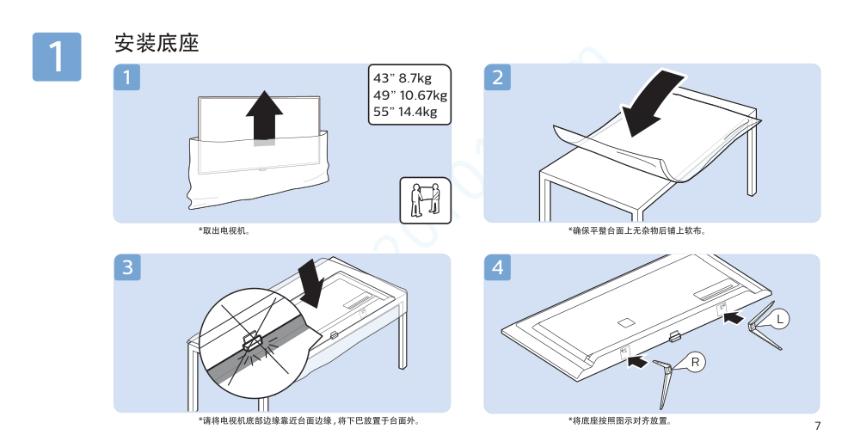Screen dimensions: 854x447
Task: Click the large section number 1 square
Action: click(x=57, y=57)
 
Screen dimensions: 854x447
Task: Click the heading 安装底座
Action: click(x=157, y=43)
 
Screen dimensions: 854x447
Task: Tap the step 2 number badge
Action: click(x=497, y=77)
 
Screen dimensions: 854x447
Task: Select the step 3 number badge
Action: click(x=127, y=267)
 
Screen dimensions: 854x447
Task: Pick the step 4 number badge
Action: click(x=497, y=267)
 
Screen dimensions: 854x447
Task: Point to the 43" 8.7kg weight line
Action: click(x=402, y=78)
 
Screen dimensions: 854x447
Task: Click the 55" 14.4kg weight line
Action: click(x=405, y=112)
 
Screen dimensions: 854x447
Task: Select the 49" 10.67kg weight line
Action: click(x=410, y=95)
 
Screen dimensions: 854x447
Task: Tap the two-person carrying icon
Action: click(x=426, y=199)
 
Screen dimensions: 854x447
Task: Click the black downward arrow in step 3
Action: click(x=313, y=283)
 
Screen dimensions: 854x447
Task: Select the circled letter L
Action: click(x=780, y=319)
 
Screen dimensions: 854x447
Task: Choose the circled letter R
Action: click(x=696, y=362)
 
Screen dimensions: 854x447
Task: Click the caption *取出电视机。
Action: click(x=224, y=231)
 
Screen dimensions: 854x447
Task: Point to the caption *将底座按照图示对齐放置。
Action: click(x=620, y=421)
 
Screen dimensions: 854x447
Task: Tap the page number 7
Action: click(x=817, y=426)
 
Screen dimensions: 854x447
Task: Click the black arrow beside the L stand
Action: click(x=733, y=317)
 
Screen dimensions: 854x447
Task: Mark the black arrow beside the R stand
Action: click(x=637, y=361)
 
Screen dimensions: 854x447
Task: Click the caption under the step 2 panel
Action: click(x=637, y=231)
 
